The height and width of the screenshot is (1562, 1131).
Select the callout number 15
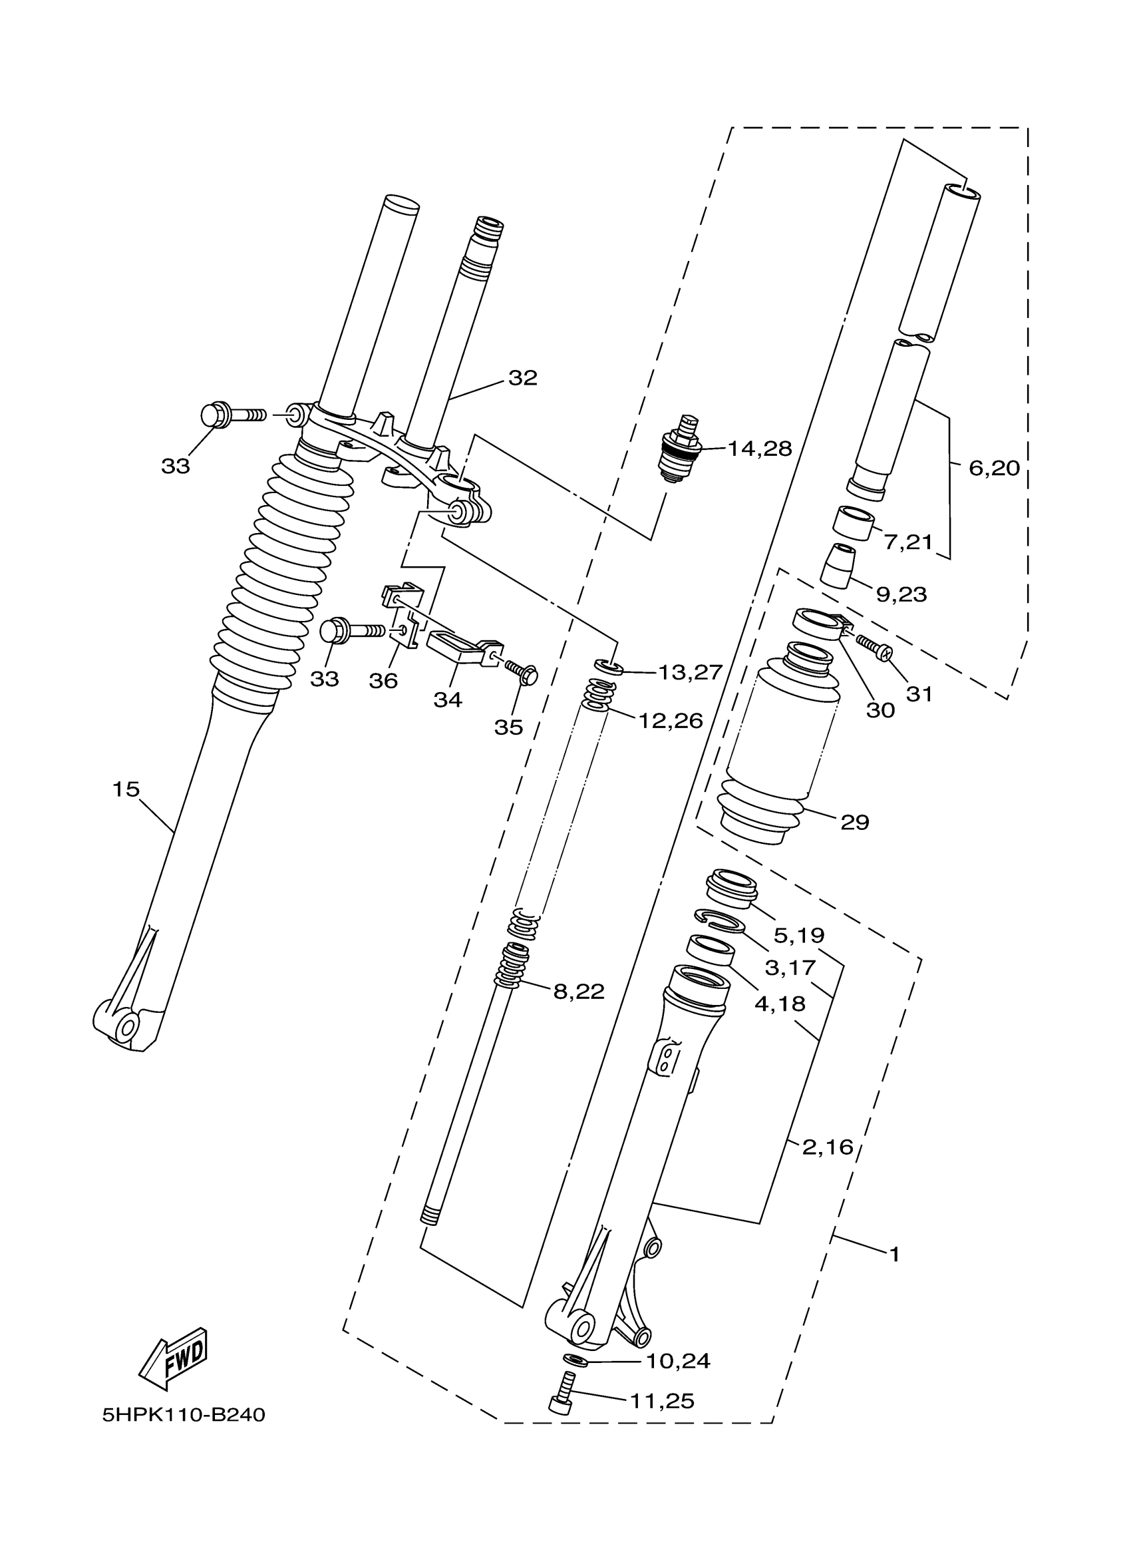coord(126,789)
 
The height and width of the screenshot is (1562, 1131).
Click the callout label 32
coord(522,377)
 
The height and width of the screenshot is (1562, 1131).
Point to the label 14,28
coord(760,449)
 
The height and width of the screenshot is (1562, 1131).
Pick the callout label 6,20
coord(994,469)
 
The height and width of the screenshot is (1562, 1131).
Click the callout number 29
coord(854,822)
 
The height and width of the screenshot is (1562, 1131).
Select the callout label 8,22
coord(579,992)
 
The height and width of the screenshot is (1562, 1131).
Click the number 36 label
coord(383,680)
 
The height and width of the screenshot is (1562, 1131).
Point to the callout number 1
coord(894,1255)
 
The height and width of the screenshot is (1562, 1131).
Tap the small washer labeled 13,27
coord(609,666)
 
